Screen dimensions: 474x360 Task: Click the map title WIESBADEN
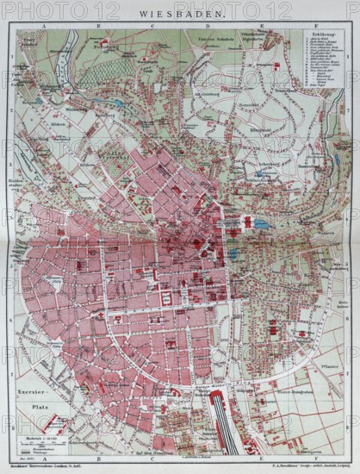[x=179, y=12]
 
